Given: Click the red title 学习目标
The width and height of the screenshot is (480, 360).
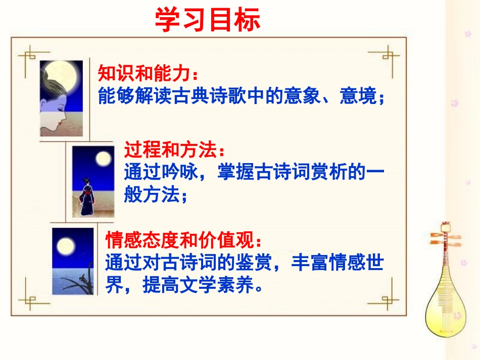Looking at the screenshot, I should point(207,20).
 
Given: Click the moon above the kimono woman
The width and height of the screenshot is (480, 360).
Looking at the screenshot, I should point(103,159).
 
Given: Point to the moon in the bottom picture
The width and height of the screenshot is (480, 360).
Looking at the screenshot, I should point(65,247).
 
